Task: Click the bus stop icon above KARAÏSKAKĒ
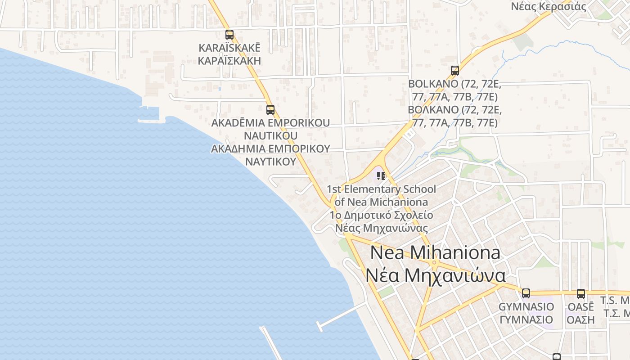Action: pyautogui.click(x=229, y=34)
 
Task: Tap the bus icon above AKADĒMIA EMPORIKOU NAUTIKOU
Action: pyautogui.click(x=270, y=109)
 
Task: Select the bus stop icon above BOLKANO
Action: pyautogui.click(x=455, y=71)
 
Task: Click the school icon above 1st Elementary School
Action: pyautogui.click(x=381, y=175)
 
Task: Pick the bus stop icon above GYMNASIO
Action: pyautogui.click(x=526, y=293)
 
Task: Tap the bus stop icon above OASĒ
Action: pyautogui.click(x=581, y=294)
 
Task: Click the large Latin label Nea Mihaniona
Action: pyautogui.click(x=435, y=252)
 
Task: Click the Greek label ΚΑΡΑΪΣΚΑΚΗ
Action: pyautogui.click(x=229, y=61)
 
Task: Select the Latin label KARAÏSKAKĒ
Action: pyautogui.click(x=229, y=48)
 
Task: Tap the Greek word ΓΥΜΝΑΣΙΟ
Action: pyautogui.click(x=526, y=319)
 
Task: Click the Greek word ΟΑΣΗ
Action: pyautogui.click(x=580, y=319)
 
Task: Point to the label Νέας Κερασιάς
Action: pyautogui.click(x=549, y=6)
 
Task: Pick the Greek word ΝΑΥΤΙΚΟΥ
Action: pyautogui.click(x=270, y=161)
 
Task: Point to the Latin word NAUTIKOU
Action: pyautogui.click(x=270, y=135)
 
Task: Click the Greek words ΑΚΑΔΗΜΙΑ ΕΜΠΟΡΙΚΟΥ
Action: pyautogui.click(x=270, y=148)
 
